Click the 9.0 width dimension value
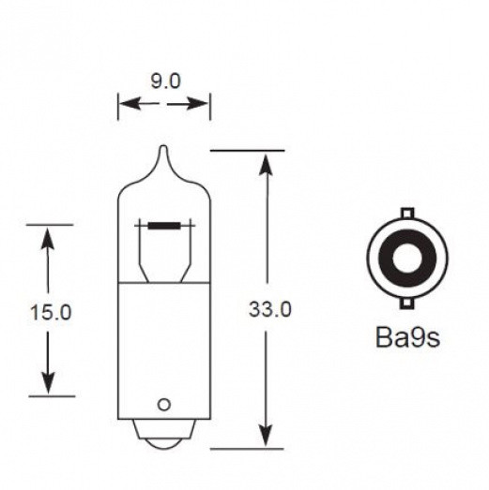(x=164, y=82)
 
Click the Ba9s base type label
(x=406, y=336)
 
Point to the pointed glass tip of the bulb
(x=163, y=153)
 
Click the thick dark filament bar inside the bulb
(x=165, y=225)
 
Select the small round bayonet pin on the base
(x=163, y=405)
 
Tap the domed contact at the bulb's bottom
(x=163, y=432)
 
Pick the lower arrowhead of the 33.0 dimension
(x=267, y=435)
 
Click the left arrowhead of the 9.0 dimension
(x=125, y=106)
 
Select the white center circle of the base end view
(x=406, y=257)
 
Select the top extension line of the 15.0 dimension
(x=49, y=225)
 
